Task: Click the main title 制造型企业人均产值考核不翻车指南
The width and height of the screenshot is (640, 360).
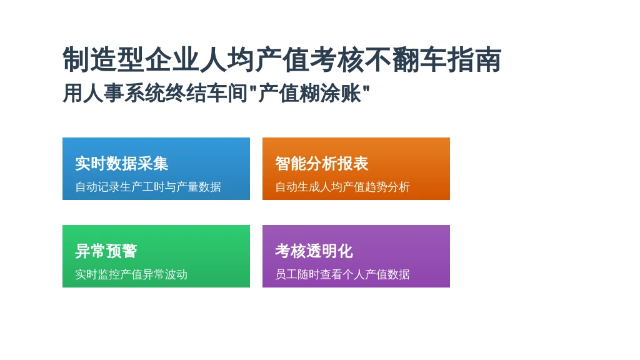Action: point(282,59)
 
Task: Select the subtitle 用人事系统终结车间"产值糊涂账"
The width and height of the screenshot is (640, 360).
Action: point(216,93)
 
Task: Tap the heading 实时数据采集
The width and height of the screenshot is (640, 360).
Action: point(122,164)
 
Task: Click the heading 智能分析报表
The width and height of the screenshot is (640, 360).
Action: point(322,164)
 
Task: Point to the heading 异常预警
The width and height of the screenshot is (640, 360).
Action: point(106,251)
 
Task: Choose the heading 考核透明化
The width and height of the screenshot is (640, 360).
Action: point(314,251)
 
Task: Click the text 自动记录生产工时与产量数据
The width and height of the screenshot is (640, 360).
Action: point(147,187)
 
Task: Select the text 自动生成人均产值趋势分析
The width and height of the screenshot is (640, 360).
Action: point(342,187)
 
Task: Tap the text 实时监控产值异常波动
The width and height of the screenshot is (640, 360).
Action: point(131,274)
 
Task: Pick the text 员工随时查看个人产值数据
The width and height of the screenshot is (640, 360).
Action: point(342,274)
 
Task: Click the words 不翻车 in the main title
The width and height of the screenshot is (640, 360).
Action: point(405,59)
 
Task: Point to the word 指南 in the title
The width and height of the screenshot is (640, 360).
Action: point(474,59)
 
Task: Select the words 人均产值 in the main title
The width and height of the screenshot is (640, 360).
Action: point(254,59)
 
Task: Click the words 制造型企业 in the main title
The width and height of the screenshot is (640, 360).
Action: point(131,59)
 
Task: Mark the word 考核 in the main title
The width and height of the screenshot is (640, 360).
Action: point(337,59)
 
